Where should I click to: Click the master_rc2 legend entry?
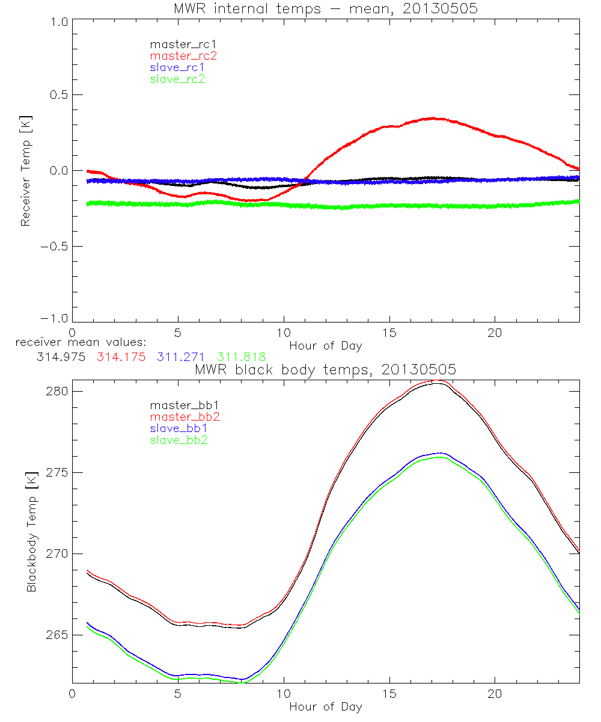coord(183,56)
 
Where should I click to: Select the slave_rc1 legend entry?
coord(177,67)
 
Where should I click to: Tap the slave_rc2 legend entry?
coord(177,79)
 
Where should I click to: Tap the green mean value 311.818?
coord(241,357)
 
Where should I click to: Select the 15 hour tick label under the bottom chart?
coord(389,693)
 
